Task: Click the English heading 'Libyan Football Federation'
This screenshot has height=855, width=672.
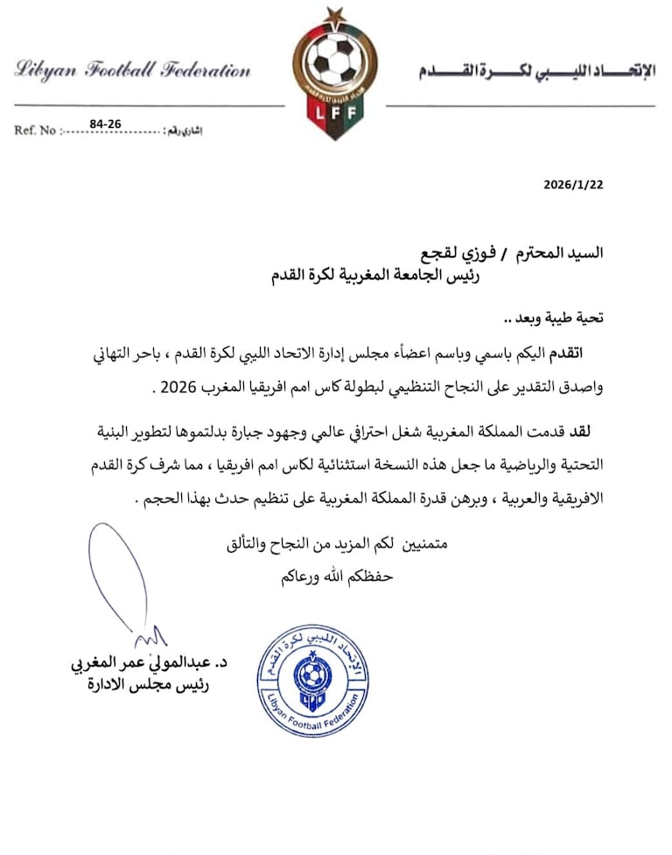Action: click(x=133, y=71)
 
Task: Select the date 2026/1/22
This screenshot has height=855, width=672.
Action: click(x=572, y=185)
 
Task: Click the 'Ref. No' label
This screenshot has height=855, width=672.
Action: click(x=35, y=131)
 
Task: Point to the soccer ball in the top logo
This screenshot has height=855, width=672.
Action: click(x=333, y=61)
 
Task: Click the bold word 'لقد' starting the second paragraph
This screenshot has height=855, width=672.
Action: click(x=602, y=430)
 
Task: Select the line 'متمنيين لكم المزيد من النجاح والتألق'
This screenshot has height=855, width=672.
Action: click(x=338, y=544)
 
